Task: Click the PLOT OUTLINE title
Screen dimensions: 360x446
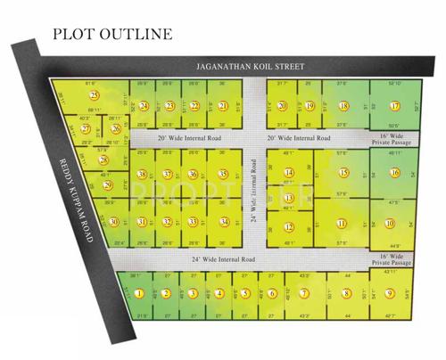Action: pos(111,35)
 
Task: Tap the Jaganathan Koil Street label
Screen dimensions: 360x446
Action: pos(251,67)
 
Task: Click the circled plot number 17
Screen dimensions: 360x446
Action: pos(394,106)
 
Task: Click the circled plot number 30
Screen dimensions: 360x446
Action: pos(113,222)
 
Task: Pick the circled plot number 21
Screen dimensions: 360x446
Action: pos(222,106)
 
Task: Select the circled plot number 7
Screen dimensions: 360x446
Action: pos(303,293)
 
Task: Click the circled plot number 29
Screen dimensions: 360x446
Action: pos(107,185)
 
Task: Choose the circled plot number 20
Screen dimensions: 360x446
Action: pos(282,106)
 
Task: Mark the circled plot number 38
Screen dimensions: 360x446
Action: pos(142,175)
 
